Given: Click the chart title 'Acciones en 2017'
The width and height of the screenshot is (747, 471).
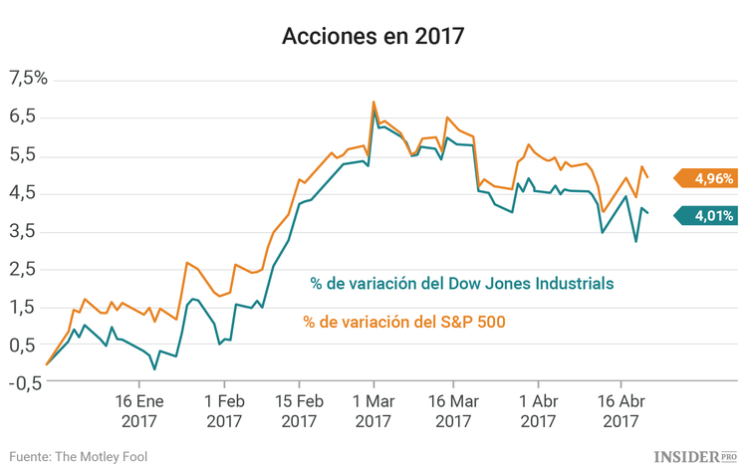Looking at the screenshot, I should coord(373,37).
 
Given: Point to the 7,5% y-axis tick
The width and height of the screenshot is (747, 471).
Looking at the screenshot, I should coord(28,79).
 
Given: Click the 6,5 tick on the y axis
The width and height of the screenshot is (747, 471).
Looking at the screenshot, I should coord(24,117).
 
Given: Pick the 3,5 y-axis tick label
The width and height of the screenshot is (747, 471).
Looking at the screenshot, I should coord(24,231).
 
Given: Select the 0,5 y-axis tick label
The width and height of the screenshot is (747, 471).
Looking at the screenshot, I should coord(24,345).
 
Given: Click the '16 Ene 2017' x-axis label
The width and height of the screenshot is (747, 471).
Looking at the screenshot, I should coord(138,411).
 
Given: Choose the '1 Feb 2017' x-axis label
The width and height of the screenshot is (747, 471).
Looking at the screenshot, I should coord(224,411).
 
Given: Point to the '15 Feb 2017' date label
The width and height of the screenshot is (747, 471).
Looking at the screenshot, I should coord(298,411).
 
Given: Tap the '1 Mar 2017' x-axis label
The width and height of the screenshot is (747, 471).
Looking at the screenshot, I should coord(373,411).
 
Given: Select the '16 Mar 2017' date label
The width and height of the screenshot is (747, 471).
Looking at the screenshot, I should coord(454,411).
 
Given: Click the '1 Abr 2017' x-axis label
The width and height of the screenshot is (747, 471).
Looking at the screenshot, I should coord(538,411).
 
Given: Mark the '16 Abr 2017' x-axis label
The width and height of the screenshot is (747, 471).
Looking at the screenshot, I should coord(621,411).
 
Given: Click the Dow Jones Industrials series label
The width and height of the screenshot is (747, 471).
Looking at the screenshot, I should coord(461,284).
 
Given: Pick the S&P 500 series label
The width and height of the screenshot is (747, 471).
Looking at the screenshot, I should coord(404,322).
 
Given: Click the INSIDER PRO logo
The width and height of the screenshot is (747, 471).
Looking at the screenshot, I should coord(696,455).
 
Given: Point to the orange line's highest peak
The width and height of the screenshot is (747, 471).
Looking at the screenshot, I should coord(373,102).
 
